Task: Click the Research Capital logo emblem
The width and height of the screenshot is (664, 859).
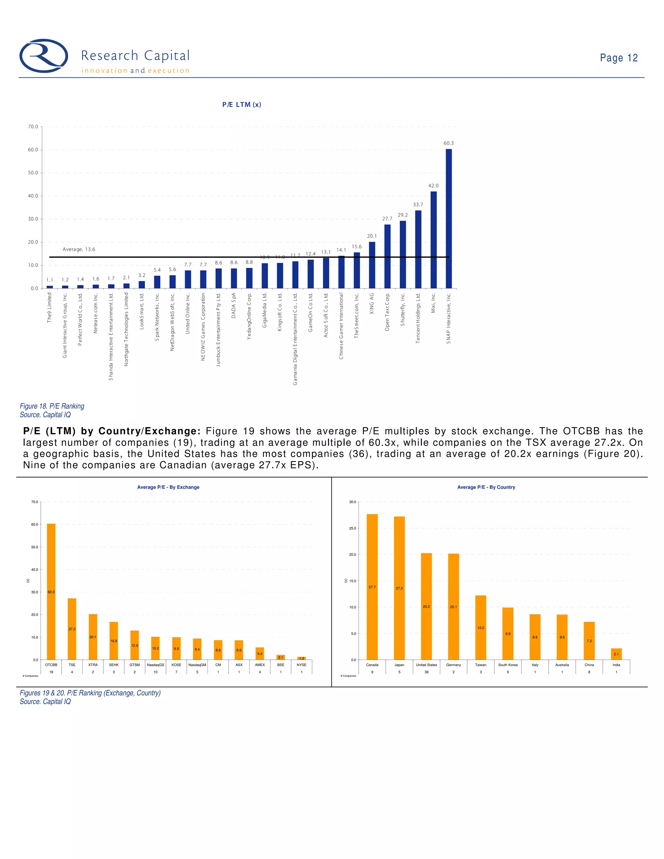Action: (x=44, y=56)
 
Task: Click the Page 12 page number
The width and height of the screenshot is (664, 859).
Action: (x=618, y=58)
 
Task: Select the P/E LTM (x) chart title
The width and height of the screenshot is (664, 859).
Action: (x=242, y=105)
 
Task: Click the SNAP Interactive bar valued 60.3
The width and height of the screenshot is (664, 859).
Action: (x=448, y=218)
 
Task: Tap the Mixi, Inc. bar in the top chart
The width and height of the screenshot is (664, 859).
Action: (x=433, y=240)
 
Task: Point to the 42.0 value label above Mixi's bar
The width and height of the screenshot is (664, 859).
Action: (x=433, y=186)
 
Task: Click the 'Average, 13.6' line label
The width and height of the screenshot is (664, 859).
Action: (x=79, y=249)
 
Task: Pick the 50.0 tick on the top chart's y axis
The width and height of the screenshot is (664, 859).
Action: (x=33, y=173)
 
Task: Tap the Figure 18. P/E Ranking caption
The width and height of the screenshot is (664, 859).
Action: (x=52, y=406)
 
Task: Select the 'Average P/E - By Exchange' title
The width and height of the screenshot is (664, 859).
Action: (x=168, y=487)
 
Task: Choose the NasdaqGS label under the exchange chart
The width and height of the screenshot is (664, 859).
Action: (x=155, y=665)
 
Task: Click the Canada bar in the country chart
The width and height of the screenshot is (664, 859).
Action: (x=372, y=586)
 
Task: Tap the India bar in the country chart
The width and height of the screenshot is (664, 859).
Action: (x=616, y=654)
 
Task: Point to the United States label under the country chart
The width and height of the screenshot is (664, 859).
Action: (x=426, y=665)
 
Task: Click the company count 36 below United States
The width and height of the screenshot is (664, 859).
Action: (x=426, y=672)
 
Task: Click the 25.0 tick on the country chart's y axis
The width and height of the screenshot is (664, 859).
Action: (x=352, y=528)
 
